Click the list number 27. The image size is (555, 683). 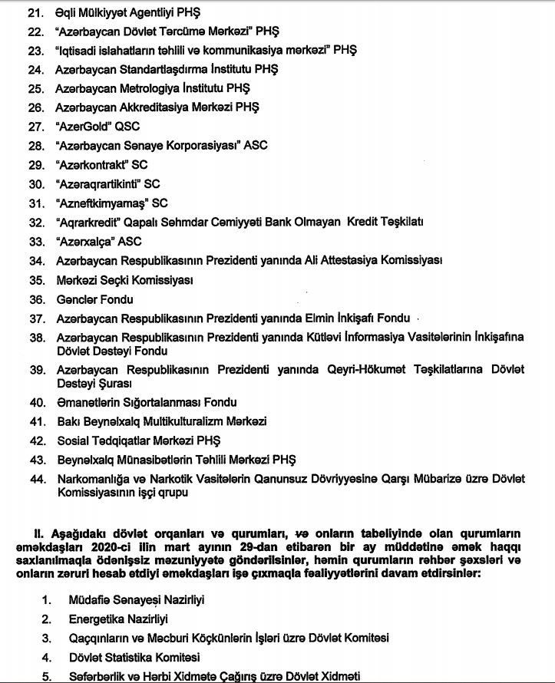[x=35, y=127]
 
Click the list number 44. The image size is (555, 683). [x=35, y=479]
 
